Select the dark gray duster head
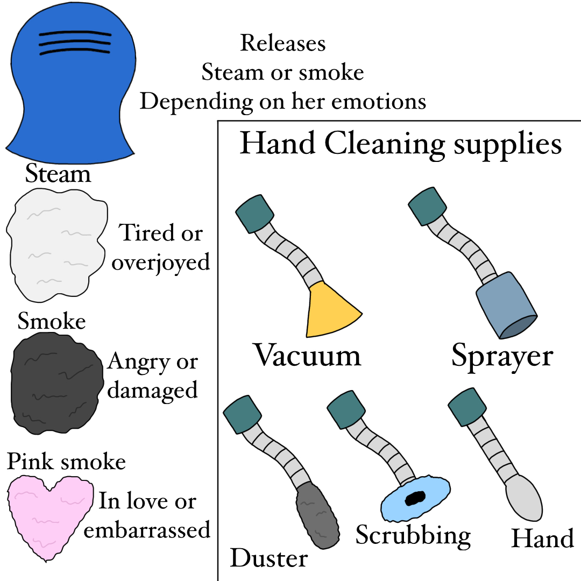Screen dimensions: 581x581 (x=317, y=513)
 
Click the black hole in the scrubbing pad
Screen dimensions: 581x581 (x=415, y=498)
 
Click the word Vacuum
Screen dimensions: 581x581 (x=307, y=356)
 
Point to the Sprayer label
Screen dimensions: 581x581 (x=502, y=356)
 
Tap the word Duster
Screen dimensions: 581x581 (x=268, y=558)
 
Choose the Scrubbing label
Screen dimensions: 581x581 (x=413, y=535)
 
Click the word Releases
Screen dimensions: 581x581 (x=283, y=43)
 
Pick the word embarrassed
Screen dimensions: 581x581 (x=147, y=530)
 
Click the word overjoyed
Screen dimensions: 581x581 (x=160, y=262)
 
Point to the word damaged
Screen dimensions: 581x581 (x=153, y=389)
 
